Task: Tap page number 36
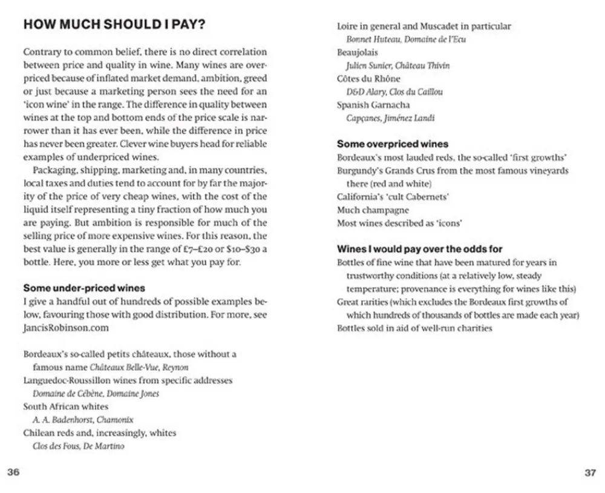click(x=13, y=473)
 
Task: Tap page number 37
click(x=590, y=473)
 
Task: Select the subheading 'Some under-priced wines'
click(x=83, y=288)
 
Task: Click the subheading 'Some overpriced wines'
click(x=393, y=144)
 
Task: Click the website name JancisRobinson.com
click(x=66, y=328)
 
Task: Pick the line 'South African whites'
click(x=65, y=406)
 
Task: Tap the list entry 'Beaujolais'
click(x=357, y=53)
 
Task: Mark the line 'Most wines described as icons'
click(x=399, y=223)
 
